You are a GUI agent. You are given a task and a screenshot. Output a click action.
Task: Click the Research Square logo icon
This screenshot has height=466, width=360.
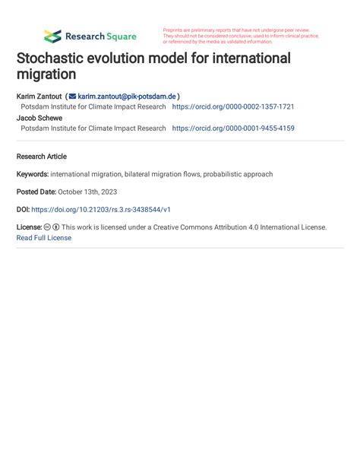52,36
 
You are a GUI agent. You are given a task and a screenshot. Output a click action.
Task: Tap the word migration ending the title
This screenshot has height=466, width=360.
46,74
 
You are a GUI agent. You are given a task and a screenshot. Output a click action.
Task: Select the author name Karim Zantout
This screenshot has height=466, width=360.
39,97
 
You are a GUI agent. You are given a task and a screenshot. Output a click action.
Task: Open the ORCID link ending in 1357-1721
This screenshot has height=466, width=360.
233,107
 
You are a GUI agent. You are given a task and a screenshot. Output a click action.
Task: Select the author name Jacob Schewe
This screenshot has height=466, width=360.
39,118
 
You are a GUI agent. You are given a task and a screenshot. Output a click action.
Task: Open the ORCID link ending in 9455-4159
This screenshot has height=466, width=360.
233,128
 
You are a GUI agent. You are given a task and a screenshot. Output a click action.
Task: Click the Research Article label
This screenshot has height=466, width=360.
41,157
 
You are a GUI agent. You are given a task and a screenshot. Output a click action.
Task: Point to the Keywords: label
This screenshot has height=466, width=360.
32,174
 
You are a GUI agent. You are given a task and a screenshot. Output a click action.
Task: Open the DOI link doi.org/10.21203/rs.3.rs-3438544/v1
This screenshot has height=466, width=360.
101,209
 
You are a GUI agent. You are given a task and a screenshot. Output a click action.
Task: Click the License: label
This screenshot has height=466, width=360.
29,227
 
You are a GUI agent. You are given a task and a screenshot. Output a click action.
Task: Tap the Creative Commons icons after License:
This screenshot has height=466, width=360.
52,227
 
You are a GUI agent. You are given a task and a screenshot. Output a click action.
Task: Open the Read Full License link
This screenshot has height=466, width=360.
44,238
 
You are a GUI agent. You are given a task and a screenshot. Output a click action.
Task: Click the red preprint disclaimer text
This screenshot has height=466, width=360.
240,36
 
